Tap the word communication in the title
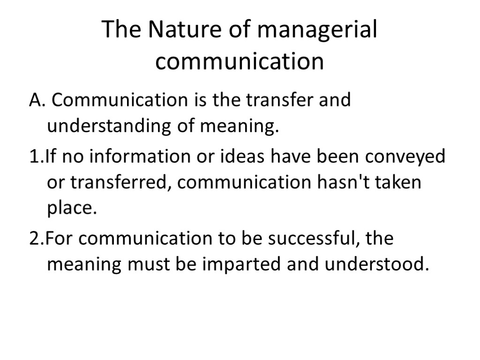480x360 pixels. click(240, 61)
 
